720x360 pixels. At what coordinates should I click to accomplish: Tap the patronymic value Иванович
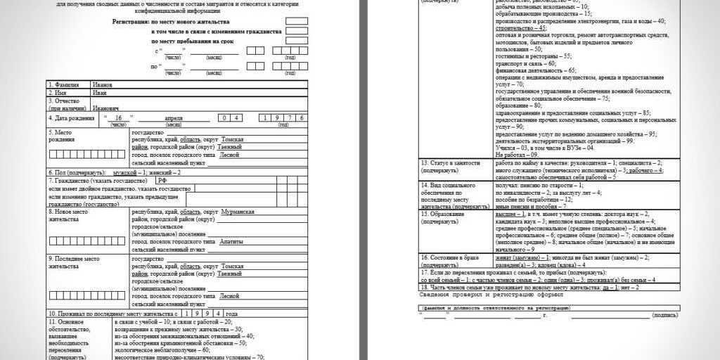(x=105, y=108)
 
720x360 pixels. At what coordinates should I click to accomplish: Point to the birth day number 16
(x=119, y=118)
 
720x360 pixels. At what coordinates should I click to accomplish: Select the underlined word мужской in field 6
(x=124, y=172)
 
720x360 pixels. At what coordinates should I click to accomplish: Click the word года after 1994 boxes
(x=231, y=313)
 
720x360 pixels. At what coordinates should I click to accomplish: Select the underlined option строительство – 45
(x=521, y=28)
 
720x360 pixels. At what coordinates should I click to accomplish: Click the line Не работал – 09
(x=517, y=154)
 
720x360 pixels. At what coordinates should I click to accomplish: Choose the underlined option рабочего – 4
(x=646, y=170)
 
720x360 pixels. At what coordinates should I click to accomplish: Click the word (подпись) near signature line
(x=664, y=316)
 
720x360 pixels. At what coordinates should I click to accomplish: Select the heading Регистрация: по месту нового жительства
(x=197, y=22)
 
